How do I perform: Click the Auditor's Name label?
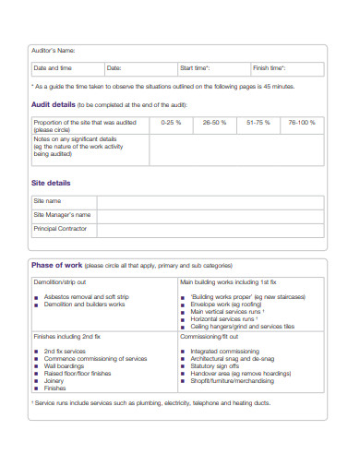[x=54, y=50]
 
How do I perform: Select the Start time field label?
[x=195, y=68]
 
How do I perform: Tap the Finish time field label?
[x=270, y=68]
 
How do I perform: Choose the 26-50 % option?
[x=214, y=122]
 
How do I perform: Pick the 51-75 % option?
[x=258, y=122]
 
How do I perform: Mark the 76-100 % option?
[x=301, y=122]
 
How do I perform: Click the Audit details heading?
[x=54, y=105]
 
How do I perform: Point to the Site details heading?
[x=51, y=184]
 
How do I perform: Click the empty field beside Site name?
[x=210, y=201]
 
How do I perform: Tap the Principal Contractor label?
[x=60, y=228]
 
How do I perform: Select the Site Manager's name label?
[x=62, y=214]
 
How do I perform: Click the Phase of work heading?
[x=59, y=265]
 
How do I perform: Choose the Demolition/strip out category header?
[x=60, y=282]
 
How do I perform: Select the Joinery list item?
[x=54, y=380]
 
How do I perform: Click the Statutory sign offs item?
[x=220, y=366]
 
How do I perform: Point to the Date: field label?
[x=114, y=68]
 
